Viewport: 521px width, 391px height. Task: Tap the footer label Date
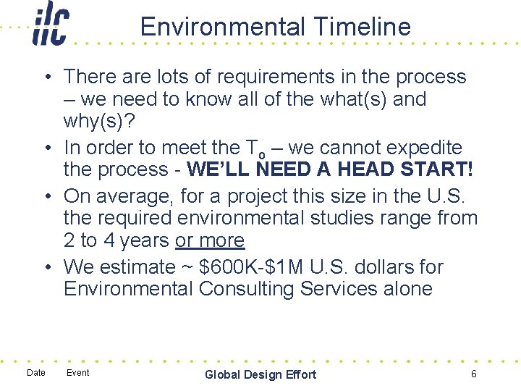tap(35, 373)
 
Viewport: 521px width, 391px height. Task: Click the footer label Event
tap(77, 373)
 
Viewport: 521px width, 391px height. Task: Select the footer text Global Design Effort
tap(260, 374)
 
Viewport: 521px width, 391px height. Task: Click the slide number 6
tap(473, 374)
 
